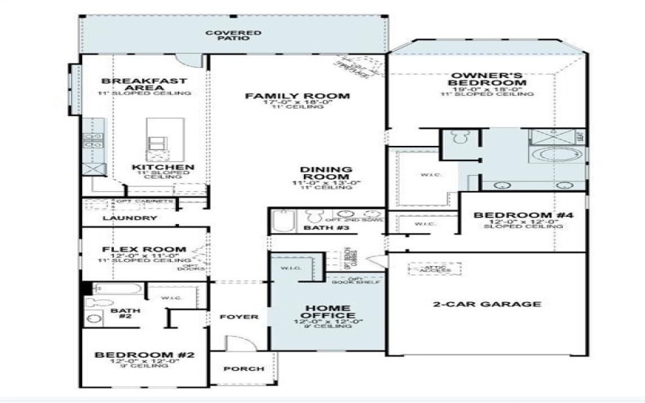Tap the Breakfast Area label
click(x=144, y=85)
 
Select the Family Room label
click(x=298, y=97)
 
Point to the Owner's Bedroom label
click(x=488, y=79)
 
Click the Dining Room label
click(x=326, y=174)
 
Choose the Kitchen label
click(x=163, y=168)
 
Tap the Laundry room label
click(x=130, y=218)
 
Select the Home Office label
click(x=327, y=310)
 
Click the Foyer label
click(x=239, y=317)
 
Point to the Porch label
click(x=243, y=369)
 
